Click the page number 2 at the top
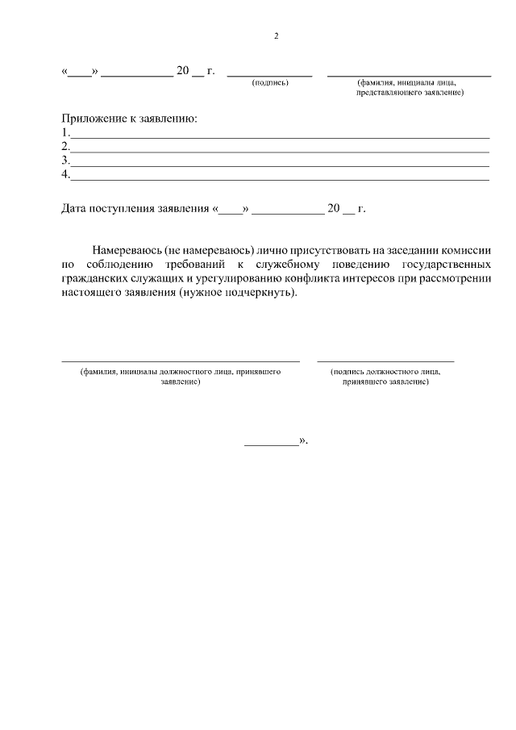click(276, 35)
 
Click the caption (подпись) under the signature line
click(270, 83)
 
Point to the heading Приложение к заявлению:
click(130, 119)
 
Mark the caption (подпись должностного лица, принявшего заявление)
click(385, 377)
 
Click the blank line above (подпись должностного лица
click(385, 361)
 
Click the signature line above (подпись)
click(269, 75)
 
